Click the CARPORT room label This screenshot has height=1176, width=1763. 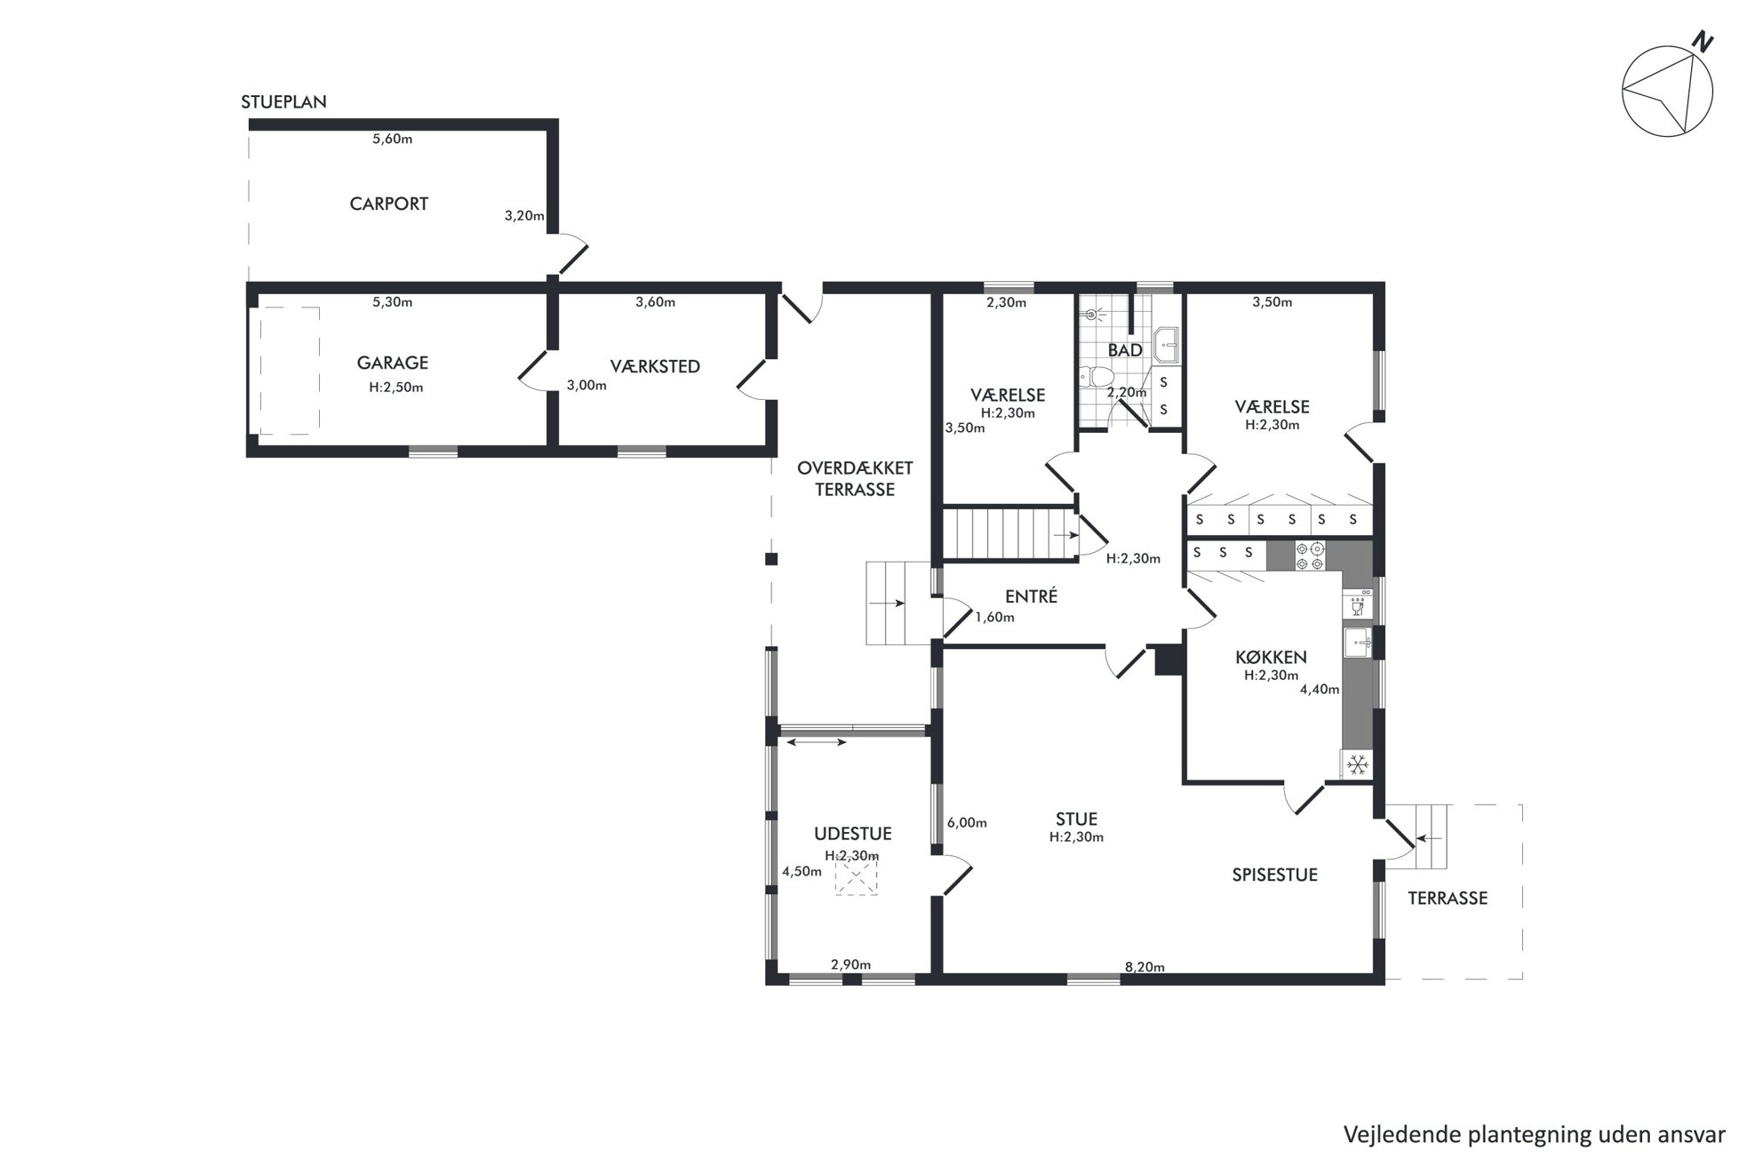pos(388,204)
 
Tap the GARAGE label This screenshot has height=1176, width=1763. pos(392,363)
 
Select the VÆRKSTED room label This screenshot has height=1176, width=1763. pos(655,366)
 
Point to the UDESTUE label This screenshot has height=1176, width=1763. pos(852,834)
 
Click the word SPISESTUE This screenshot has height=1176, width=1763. pos(1274,875)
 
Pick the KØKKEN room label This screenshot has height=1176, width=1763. pos(1271,658)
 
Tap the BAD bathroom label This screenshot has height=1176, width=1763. pos(1125,350)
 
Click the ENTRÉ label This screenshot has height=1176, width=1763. pos(1031,596)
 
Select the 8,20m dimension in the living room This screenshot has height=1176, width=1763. pos(1145,967)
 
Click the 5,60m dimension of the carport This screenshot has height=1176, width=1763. pos(392,139)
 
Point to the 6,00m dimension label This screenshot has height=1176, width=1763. pos(967,823)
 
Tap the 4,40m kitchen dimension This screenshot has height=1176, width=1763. pos(1319,689)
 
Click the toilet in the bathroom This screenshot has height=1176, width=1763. pos(1089,377)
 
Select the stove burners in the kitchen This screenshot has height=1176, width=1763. pos(1310,556)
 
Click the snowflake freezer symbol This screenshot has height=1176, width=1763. pos(1356,764)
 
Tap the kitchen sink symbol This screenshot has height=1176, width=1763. pos(1357,643)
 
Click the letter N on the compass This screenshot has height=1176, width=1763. pos(1702,43)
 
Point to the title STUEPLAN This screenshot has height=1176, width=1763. pos(283,102)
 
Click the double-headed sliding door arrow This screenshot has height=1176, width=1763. pos(815,742)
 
